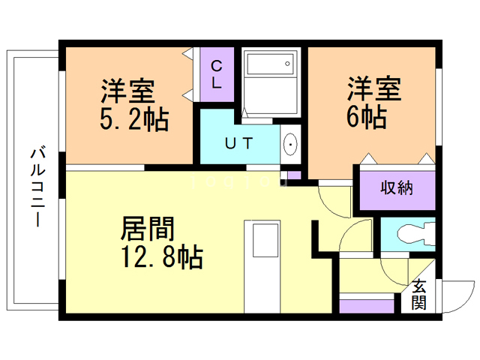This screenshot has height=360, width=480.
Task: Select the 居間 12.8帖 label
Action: pos(160,241)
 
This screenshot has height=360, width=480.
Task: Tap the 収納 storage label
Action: pos(397,187)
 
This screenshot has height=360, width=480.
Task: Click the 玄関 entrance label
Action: pos(420,294)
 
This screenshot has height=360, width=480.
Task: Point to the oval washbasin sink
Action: pos(290,144)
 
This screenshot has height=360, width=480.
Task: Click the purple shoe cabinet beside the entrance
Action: pos(367,306)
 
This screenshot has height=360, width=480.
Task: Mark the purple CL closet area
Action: pos(216,75)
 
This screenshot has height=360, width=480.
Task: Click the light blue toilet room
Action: pos(407,235)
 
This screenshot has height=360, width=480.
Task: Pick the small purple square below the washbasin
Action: pos(294,175)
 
